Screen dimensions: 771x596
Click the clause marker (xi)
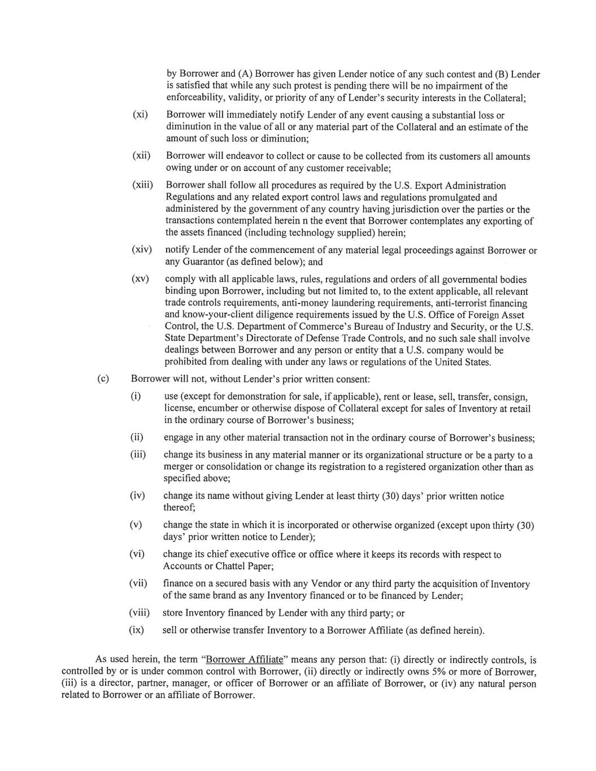pos(140,115)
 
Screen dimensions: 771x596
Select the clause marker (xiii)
pos(143,185)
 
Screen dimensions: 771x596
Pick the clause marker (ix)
pos(137,630)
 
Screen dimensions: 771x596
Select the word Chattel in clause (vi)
pos(221,566)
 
